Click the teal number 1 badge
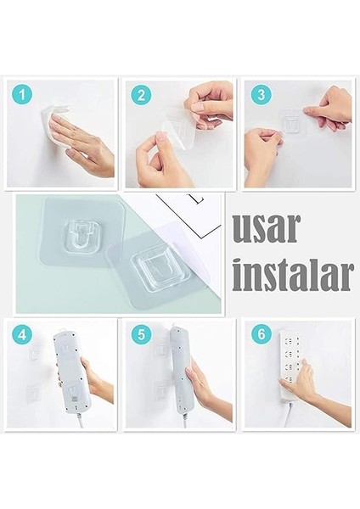[x=23, y=94]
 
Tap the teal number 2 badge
[x=141, y=94]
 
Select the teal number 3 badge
[x=261, y=94]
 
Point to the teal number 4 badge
[x=23, y=334]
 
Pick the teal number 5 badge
[x=141, y=334]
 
